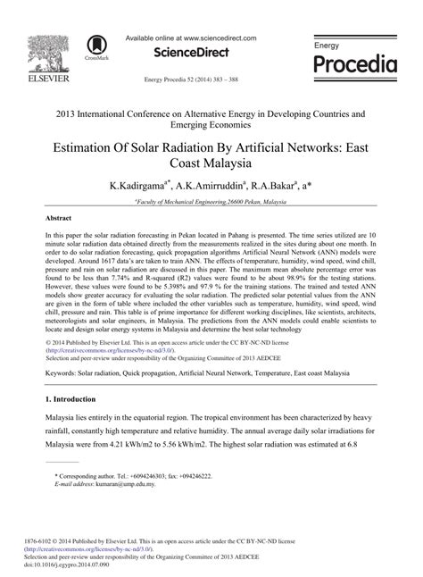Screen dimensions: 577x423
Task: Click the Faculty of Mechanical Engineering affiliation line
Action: coord(211,204)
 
